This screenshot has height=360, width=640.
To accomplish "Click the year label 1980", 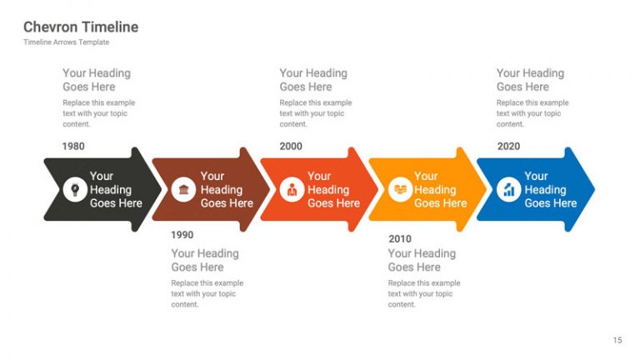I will click(73, 147).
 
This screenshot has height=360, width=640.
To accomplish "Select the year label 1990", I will click(182, 235).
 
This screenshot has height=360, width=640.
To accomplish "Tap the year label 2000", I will click(291, 147).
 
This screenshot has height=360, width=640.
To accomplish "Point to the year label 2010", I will click(400, 239).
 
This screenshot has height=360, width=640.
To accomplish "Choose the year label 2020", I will click(508, 147).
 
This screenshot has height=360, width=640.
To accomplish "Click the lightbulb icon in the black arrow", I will click(75, 189).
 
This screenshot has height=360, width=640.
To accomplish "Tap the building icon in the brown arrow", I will click(183, 189).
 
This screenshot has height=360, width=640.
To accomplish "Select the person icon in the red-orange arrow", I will click(292, 189).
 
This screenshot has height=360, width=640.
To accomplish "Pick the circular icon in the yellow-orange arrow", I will click(400, 189).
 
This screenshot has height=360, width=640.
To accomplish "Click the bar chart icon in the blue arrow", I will click(508, 189).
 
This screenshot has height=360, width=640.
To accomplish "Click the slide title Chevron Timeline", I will click(81, 27).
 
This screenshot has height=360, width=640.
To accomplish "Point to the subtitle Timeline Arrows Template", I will click(66, 42).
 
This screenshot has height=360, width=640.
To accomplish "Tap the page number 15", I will click(617, 340).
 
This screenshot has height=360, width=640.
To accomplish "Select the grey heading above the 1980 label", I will click(97, 80).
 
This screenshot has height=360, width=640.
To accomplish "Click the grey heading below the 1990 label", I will click(205, 260).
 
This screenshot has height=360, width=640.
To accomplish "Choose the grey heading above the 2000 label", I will click(313, 80).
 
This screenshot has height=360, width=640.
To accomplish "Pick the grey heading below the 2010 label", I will click(422, 260).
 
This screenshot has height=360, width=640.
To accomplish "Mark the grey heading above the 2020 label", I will click(530, 80).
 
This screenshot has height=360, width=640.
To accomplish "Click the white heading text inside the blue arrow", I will click(550, 189).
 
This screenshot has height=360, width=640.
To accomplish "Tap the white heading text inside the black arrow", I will click(116, 189).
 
